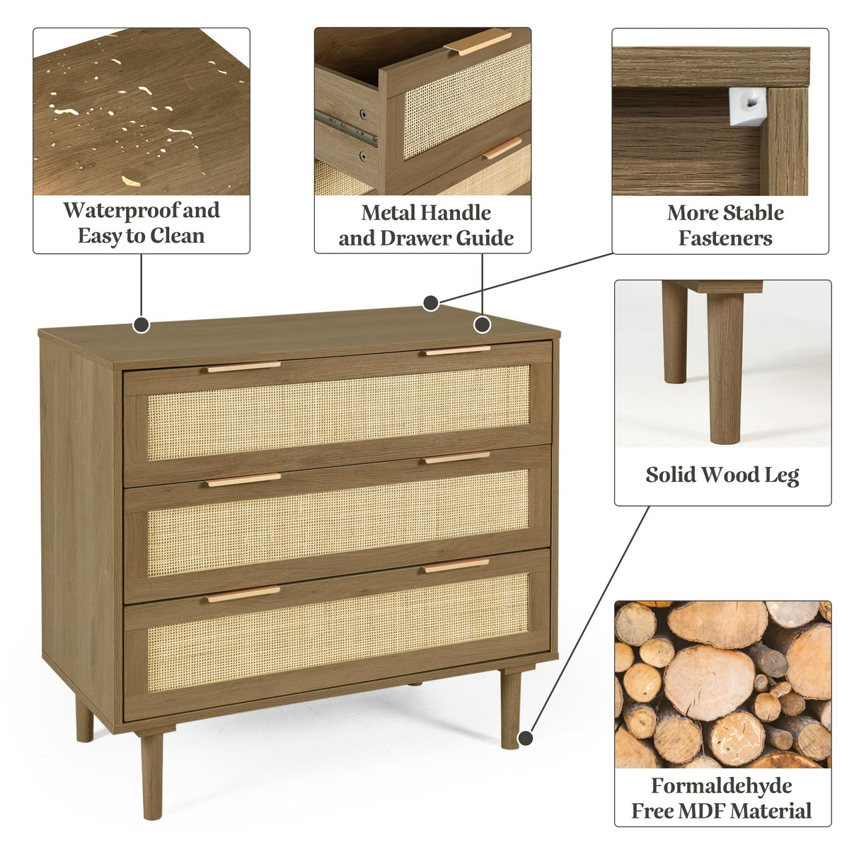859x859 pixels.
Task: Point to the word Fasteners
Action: [x=725, y=238]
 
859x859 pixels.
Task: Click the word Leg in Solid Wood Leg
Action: [x=781, y=475]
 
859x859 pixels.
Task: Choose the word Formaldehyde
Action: [x=721, y=786]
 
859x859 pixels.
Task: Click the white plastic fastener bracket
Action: [x=746, y=106]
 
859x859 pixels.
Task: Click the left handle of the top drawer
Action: [x=243, y=367]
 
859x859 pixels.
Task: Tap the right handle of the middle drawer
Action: [x=456, y=458]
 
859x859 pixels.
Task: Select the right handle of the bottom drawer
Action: [x=456, y=565]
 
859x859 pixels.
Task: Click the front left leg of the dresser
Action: [x=151, y=775]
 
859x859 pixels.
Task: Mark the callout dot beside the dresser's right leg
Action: [x=525, y=739]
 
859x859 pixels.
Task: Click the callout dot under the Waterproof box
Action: [x=142, y=325]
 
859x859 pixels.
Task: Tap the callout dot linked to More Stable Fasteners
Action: [x=431, y=303]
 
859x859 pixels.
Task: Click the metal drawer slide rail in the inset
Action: [x=345, y=127]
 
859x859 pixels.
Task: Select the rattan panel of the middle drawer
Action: [x=338, y=521]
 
